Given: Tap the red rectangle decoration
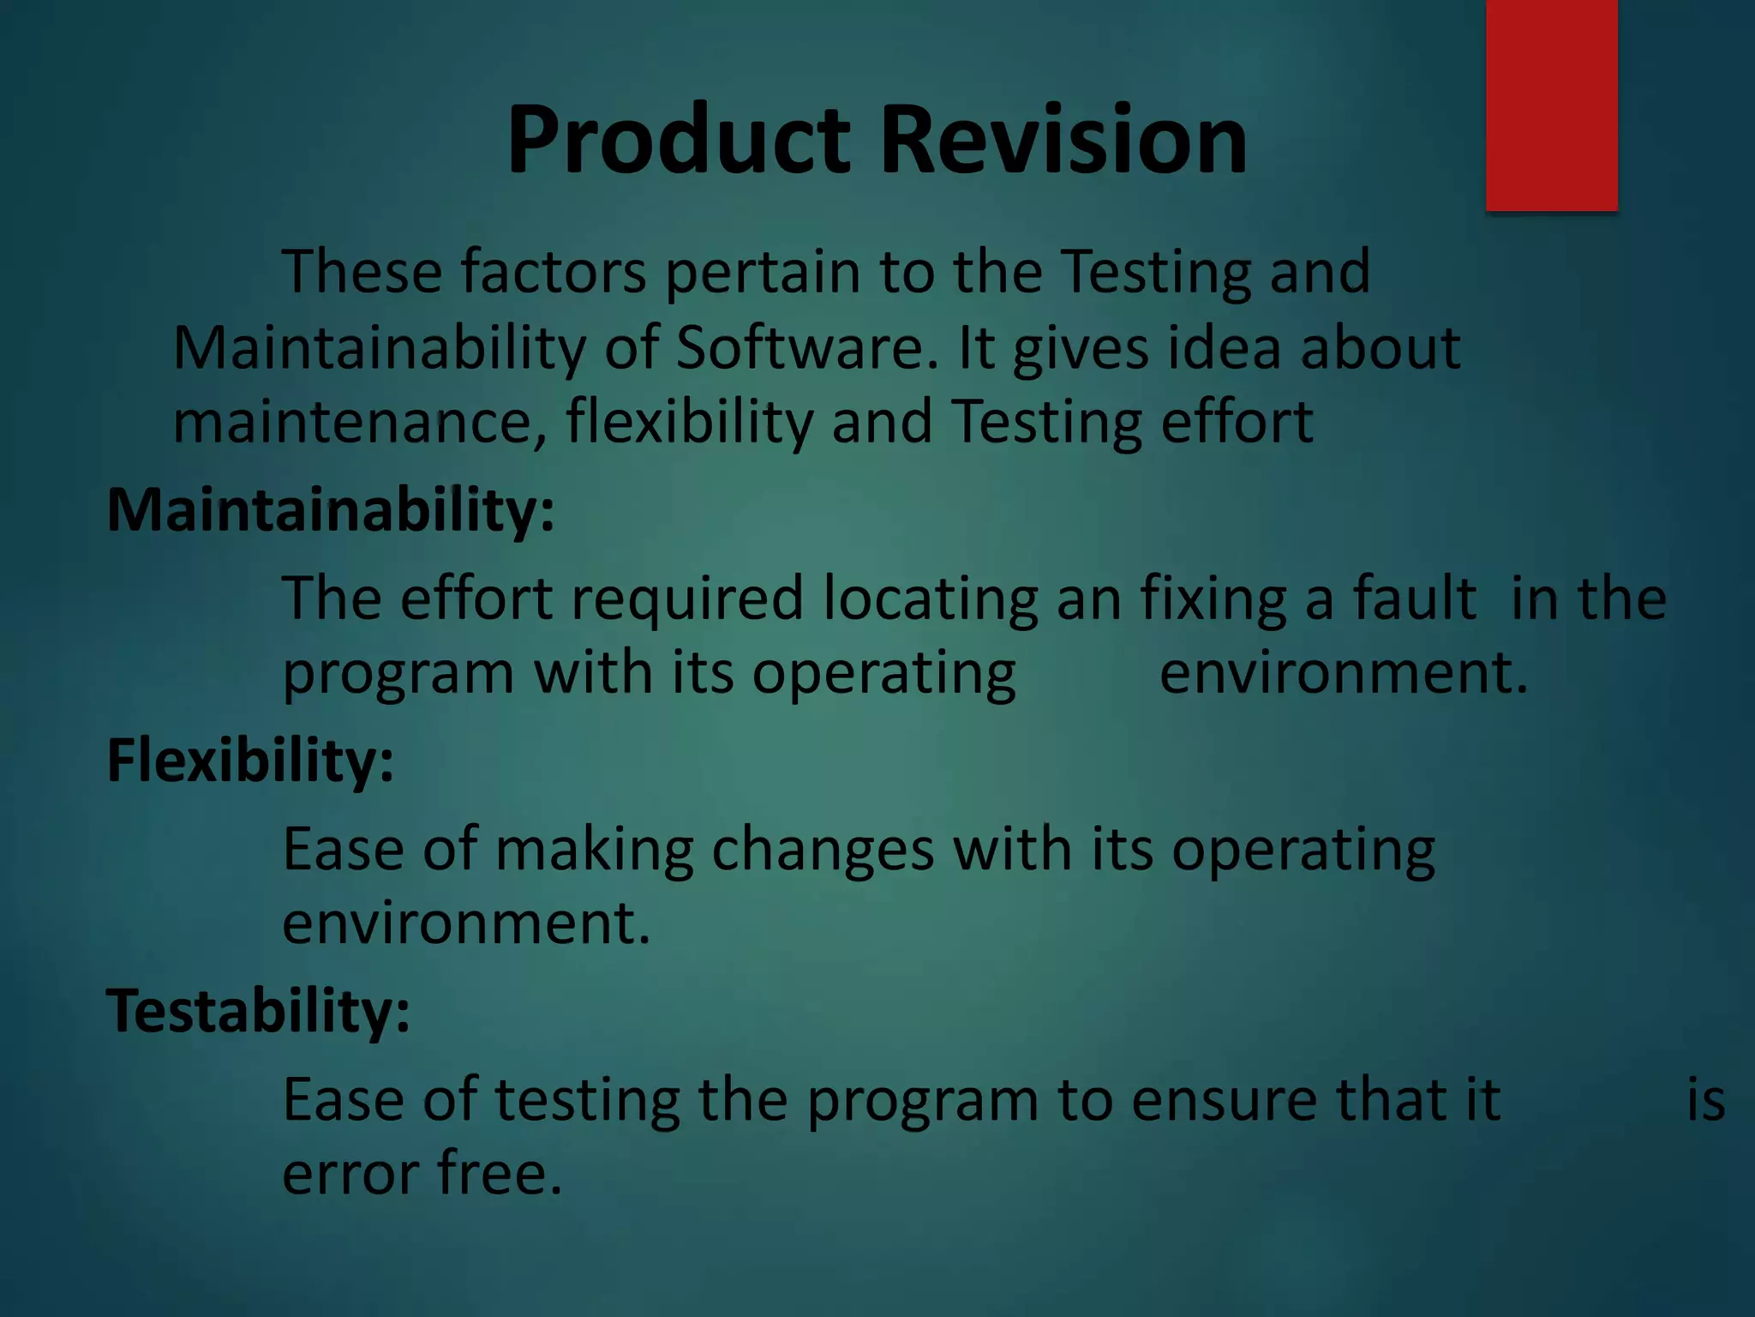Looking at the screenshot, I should tap(1551, 105).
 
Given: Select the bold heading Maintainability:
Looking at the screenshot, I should tap(331, 511).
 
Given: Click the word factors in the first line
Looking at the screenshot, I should tap(554, 273).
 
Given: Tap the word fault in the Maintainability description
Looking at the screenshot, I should tap(1414, 598).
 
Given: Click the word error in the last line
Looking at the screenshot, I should tap(350, 1175).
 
